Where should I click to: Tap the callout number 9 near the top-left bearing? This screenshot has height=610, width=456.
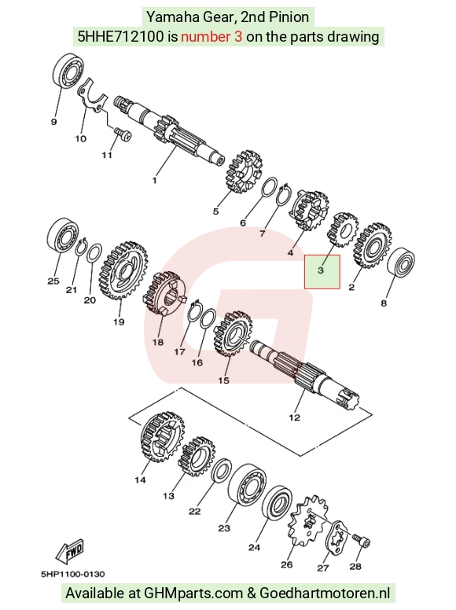click(x=53, y=122)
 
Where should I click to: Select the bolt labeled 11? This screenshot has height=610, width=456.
click(x=123, y=134)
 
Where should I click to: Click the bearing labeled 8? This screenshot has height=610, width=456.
click(x=401, y=263)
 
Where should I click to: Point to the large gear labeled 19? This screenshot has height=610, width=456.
click(x=125, y=270)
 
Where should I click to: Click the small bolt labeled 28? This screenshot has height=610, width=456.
click(x=362, y=541)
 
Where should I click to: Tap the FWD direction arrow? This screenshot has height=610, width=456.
click(x=70, y=551)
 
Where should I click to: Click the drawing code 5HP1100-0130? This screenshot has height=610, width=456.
click(x=73, y=574)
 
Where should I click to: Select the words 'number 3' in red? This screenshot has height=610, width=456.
click(x=211, y=37)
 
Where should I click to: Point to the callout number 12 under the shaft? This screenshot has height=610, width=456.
click(x=295, y=417)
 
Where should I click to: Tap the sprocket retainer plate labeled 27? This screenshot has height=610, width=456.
click(x=336, y=538)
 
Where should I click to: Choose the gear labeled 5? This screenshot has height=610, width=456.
click(x=244, y=171)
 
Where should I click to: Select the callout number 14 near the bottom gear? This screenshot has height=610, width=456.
click(x=140, y=480)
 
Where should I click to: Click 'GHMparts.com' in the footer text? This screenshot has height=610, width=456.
click(x=193, y=593)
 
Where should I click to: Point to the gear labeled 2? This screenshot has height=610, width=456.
click(x=373, y=245)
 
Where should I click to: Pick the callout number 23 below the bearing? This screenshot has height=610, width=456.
click(x=224, y=528)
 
